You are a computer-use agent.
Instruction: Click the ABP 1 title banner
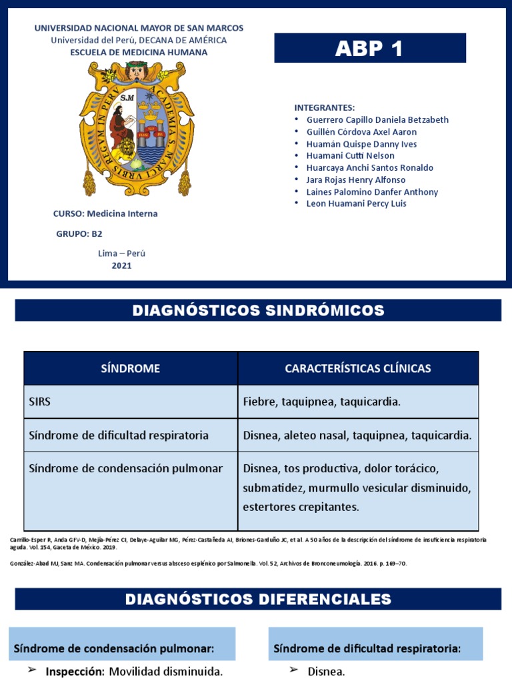click(x=370, y=49)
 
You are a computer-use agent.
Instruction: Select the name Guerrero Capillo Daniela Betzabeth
click(x=377, y=120)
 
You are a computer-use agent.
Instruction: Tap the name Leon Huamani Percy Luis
click(x=356, y=203)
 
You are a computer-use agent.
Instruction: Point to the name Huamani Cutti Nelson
click(x=350, y=156)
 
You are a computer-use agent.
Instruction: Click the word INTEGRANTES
click(x=325, y=108)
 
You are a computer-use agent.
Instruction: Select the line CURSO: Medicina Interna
click(x=105, y=214)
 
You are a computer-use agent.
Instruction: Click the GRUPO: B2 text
click(x=79, y=233)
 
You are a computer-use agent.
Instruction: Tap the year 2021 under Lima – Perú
click(x=121, y=265)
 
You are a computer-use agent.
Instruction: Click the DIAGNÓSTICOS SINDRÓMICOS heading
click(x=258, y=310)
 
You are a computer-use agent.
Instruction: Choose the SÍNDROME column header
click(x=131, y=368)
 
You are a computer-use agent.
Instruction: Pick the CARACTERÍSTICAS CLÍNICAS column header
click(x=358, y=368)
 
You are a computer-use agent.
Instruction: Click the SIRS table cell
click(x=40, y=402)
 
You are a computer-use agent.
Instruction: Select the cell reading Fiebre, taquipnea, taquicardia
click(x=322, y=402)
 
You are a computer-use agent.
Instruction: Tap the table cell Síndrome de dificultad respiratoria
click(x=119, y=435)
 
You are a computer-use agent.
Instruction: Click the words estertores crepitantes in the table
click(x=301, y=507)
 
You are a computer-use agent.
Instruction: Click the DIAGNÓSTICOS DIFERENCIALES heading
click(x=258, y=599)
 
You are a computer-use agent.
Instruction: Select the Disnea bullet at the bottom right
click(x=327, y=672)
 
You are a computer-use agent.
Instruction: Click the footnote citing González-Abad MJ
click(x=208, y=564)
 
